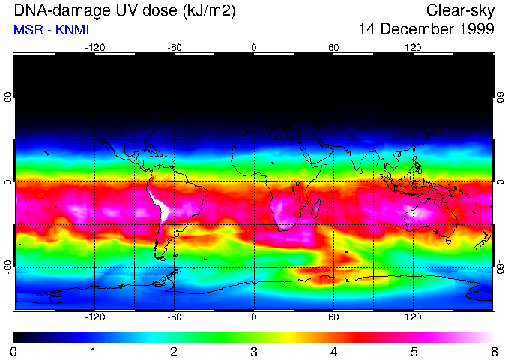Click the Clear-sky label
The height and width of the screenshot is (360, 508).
point(460,10)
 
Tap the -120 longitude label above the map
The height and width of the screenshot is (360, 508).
point(95,47)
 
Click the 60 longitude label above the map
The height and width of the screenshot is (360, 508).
point(333,47)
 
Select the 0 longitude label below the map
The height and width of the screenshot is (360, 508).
point(254,317)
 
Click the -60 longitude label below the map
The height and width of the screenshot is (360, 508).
point(175,317)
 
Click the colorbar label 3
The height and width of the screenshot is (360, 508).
point(253,351)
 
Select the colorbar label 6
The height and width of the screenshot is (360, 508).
point(493,351)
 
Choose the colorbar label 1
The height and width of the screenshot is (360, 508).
point(94,351)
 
